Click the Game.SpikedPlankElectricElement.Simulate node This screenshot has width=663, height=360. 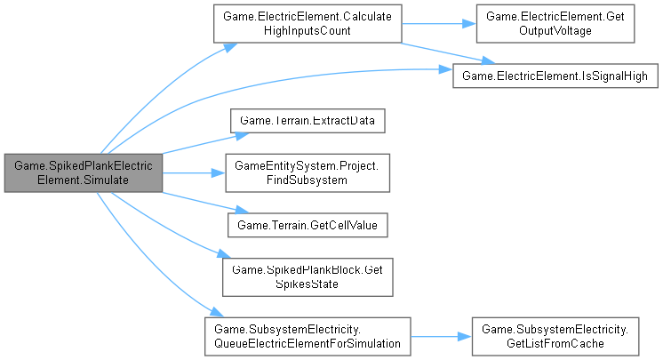pos(82,172)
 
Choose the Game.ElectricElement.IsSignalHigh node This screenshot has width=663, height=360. pos(555,76)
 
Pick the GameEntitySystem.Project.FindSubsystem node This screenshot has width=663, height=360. pos(307,172)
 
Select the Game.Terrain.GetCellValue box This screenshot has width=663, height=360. pos(307,225)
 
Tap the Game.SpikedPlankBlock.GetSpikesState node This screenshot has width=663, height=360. pos(307,276)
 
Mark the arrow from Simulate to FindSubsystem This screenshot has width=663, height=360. pos(192,172)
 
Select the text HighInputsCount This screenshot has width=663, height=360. pos(307,31)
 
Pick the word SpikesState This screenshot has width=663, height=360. pos(307,284)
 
